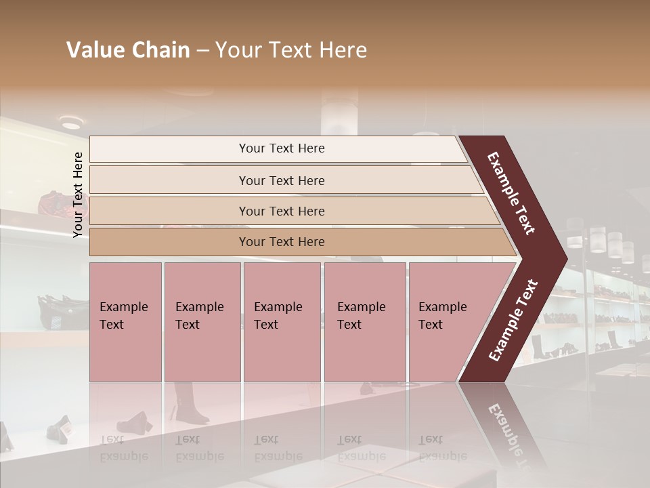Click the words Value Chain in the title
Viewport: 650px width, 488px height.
[128, 50]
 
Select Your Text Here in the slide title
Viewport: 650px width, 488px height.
[291, 50]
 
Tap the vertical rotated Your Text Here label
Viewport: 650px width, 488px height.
[78, 195]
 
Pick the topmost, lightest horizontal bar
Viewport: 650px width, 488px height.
[281, 148]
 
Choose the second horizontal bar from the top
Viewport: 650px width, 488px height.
[282, 180]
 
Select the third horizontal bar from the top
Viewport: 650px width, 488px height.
[282, 211]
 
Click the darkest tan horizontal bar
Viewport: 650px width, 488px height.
[282, 242]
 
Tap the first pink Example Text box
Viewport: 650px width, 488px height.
[125, 322]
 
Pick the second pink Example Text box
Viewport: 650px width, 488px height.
[202, 322]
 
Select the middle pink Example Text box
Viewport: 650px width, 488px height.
[282, 322]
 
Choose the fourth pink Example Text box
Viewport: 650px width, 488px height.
[365, 322]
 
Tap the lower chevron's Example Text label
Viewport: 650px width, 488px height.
[513, 320]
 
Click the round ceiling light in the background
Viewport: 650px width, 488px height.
[70, 123]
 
